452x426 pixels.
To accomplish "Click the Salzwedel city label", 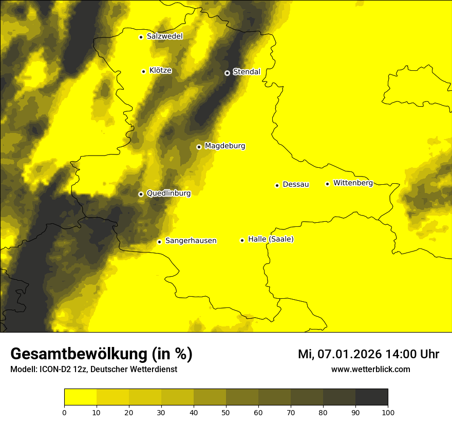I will pyautogui.click(x=164, y=36).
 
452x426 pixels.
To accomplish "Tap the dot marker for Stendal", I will pyautogui.click(x=227, y=73).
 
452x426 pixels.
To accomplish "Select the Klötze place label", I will pyautogui.click(x=160, y=71).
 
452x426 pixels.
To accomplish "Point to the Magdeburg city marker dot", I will pyautogui.click(x=199, y=147).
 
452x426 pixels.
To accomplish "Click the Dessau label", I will pyautogui.click(x=296, y=184).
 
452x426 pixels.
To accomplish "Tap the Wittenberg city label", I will pyautogui.click(x=353, y=183).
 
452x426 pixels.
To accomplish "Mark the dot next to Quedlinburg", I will pyautogui.click(x=141, y=194).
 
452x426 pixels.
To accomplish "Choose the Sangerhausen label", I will pyautogui.click(x=191, y=241).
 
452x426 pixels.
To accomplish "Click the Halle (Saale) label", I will pyautogui.click(x=271, y=239).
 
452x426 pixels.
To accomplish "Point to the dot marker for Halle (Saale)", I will pyautogui.click(x=242, y=240).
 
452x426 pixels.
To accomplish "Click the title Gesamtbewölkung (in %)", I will pyautogui.click(x=101, y=354).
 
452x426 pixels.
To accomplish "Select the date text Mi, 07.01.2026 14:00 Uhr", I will pyautogui.click(x=368, y=354).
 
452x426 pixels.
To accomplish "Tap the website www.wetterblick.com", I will pyautogui.click(x=370, y=369).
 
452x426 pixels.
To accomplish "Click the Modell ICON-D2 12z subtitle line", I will pyautogui.click(x=93, y=369).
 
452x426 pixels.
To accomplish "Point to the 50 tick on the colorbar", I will pyautogui.click(x=226, y=412).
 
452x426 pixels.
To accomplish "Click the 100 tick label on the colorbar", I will pyautogui.click(x=388, y=412).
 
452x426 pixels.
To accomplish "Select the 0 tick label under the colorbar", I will pyautogui.click(x=64, y=412).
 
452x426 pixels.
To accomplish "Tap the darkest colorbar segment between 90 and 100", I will pyautogui.click(x=371, y=397).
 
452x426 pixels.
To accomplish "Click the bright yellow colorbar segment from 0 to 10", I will pyautogui.click(x=80, y=397).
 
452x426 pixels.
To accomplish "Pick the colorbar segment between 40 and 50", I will pyautogui.click(x=210, y=397).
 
